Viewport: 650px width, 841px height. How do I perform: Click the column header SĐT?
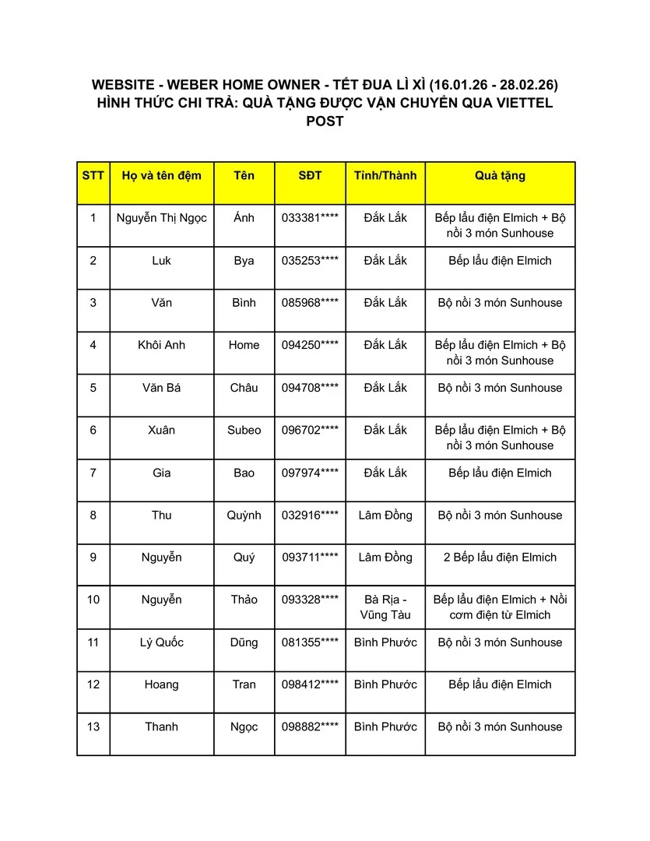pyautogui.click(x=310, y=176)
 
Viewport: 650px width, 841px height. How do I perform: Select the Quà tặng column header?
pyautogui.click(x=500, y=176)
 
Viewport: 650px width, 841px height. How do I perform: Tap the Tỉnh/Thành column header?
pyautogui.click(x=385, y=176)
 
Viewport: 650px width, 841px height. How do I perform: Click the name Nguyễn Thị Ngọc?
pyautogui.click(x=162, y=218)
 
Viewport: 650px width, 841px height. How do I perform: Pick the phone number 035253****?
pyautogui.click(x=310, y=261)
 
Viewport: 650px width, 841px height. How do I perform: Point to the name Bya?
pyautogui.click(x=244, y=261)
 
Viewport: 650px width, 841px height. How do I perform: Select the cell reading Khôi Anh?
pyautogui.click(x=162, y=345)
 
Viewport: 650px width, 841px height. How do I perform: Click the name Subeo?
pyautogui.click(x=244, y=430)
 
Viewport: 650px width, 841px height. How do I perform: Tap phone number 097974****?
pyautogui.click(x=310, y=473)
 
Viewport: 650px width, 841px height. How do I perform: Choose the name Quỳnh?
pyautogui.click(x=244, y=516)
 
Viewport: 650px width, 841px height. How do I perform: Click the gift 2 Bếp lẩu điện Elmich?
pyautogui.click(x=500, y=558)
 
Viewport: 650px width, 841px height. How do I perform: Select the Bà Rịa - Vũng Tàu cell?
pyautogui.click(x=385, y=607)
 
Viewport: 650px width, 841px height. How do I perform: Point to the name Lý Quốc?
pyautogui.click(x=162, y=642)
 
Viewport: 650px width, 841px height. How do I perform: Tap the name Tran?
pyautogui.click(x=244, y=684)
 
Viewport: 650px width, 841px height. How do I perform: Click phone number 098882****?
pyautogui.click(x=310, y=727)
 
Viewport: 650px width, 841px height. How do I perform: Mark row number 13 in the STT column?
pyautogui.click(x=93, y=727)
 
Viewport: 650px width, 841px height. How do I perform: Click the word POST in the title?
pyautogui.click(x=325, y=121)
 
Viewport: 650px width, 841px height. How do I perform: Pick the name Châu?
pyautogui.click(x=244, y=388)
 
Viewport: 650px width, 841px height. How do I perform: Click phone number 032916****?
pyautogui.click(x=310, y=516)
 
